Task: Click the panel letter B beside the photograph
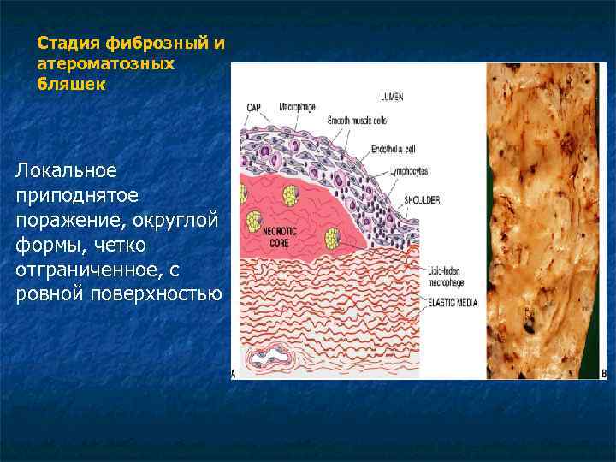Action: (605, 374)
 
